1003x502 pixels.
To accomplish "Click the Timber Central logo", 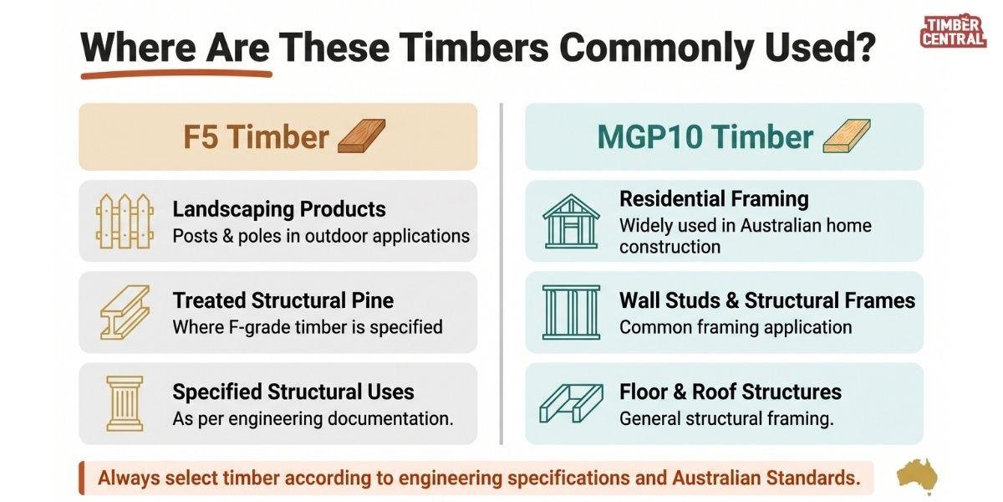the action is point(954,31).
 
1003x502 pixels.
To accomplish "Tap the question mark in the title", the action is point(863,47).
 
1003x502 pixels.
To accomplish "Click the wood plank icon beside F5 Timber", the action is point(361,136).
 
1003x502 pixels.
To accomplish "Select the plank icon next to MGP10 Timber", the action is point(847,136).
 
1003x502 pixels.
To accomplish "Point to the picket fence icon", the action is point(125,221).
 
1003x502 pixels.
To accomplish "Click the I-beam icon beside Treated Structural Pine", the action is point(125,312).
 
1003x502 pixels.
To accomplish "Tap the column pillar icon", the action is point(125,403).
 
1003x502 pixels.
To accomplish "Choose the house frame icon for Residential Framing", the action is point(571,221).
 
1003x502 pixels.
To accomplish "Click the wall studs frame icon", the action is point(571,312).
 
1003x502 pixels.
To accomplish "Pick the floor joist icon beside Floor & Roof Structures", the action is point(571,403).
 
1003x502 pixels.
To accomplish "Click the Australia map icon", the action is point(918,475).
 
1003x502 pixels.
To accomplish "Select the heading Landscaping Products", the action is point(279,209).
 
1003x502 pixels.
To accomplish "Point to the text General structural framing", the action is point(726,418).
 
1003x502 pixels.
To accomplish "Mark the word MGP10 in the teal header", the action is point(650,136).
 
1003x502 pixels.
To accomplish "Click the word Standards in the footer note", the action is point(813,478).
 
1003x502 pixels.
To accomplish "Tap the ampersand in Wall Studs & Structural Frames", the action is point(732,300).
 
